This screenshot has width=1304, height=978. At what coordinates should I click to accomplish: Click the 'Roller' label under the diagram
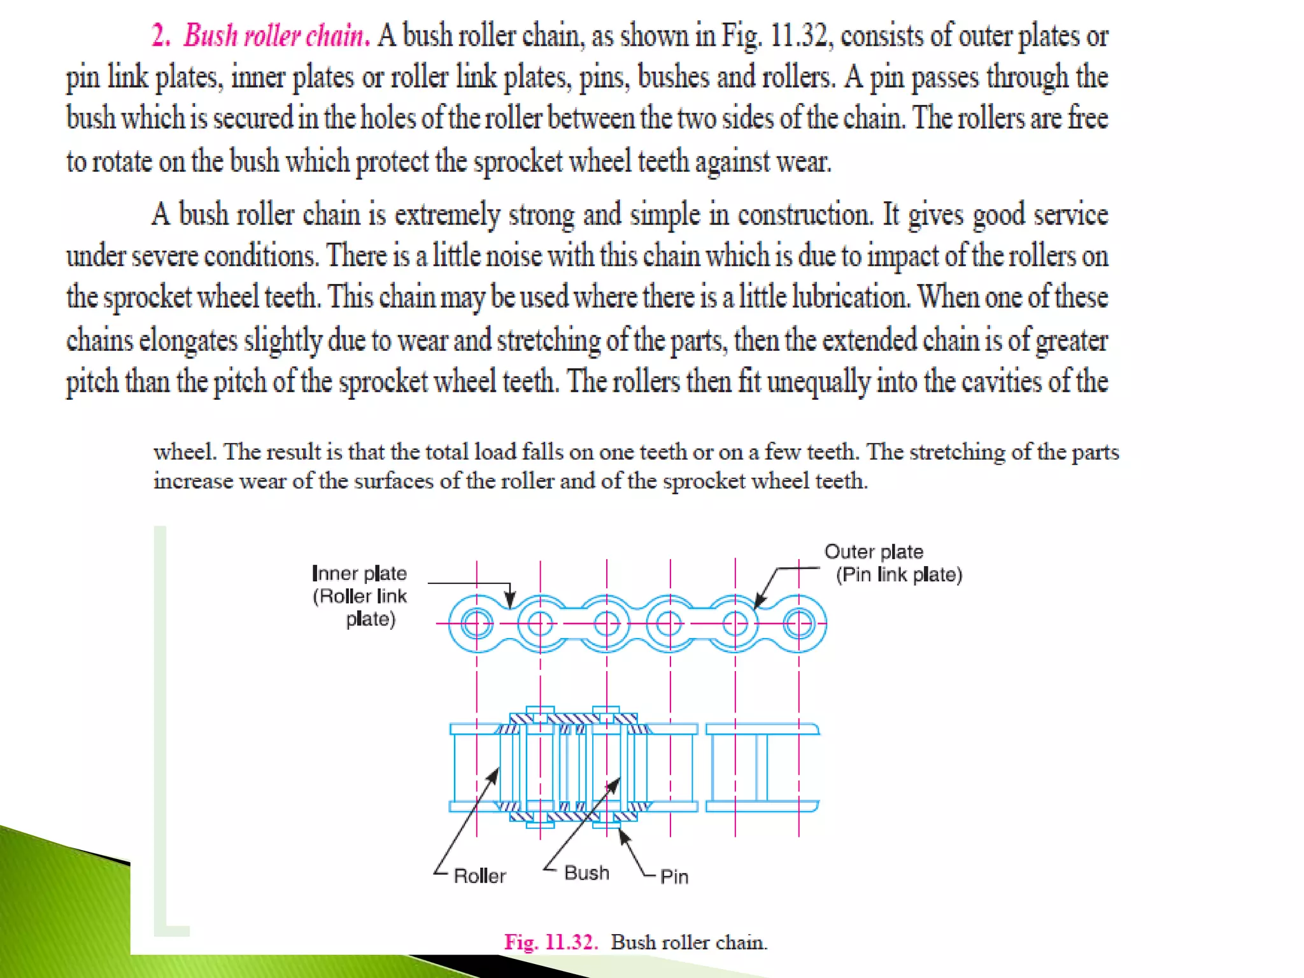coord(479,876)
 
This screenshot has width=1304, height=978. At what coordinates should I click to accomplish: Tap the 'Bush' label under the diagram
coord(586,873)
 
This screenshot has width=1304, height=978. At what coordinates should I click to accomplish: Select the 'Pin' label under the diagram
coord(674,877)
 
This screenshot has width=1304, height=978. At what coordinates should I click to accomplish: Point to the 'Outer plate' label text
coord(874,551)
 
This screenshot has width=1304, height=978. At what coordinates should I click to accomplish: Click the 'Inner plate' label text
coord(359,573)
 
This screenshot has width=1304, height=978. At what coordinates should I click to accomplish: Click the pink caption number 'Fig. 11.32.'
coord(551,942)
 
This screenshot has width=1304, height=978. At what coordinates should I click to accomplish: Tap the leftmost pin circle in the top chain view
coord(476,623)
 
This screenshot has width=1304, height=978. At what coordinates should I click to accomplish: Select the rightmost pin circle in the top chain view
coord(798,623)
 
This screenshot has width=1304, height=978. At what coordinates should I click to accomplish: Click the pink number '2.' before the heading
coord(160,36)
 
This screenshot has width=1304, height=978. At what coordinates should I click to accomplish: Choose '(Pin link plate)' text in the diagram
coord(899,574)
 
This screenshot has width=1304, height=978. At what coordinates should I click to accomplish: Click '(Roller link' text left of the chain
coord(360,596)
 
